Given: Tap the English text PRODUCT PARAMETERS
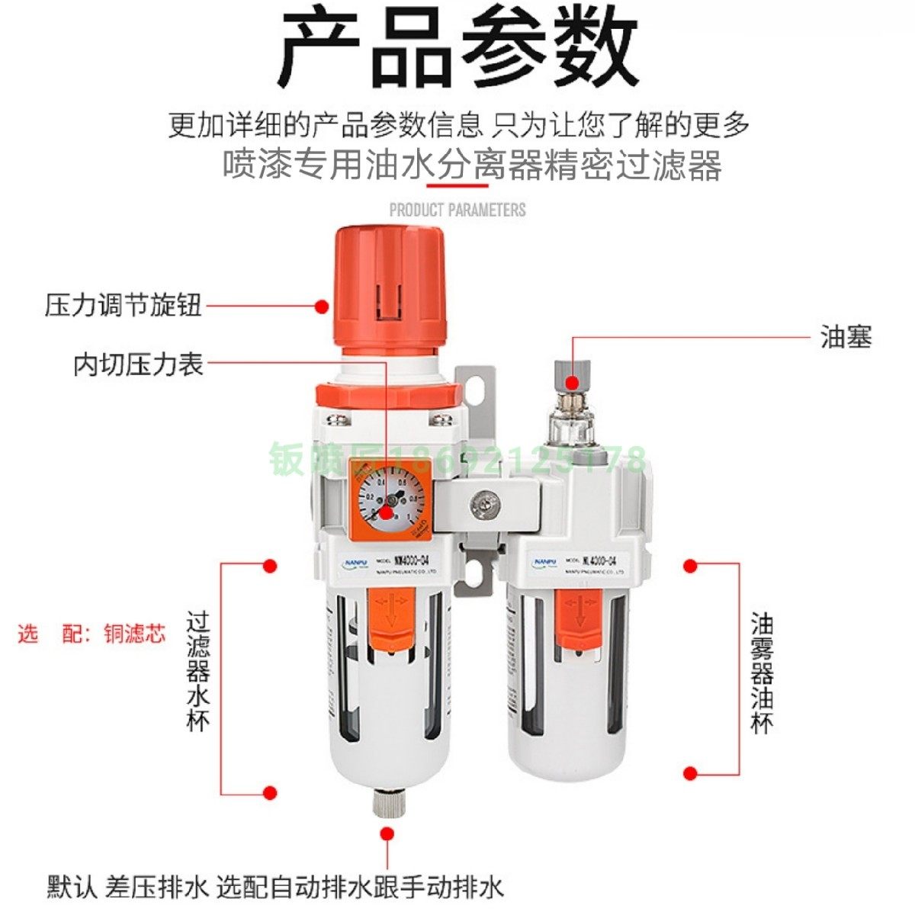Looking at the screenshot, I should [457, 210].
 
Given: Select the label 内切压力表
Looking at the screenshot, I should [139, 364].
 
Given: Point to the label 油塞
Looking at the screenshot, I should [846, 336].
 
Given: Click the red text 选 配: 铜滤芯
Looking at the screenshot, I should [91, 634].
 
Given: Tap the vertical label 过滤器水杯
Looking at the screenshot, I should [198, 671].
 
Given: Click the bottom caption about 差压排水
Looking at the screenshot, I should [274, 887].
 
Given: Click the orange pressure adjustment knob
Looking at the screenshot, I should [388, 286].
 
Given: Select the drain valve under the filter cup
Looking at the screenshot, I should [387, 801].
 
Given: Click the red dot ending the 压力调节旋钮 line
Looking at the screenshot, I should [322, 307].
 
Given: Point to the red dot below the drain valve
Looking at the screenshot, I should [387, 835].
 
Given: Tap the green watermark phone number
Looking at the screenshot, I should [457, 461].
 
